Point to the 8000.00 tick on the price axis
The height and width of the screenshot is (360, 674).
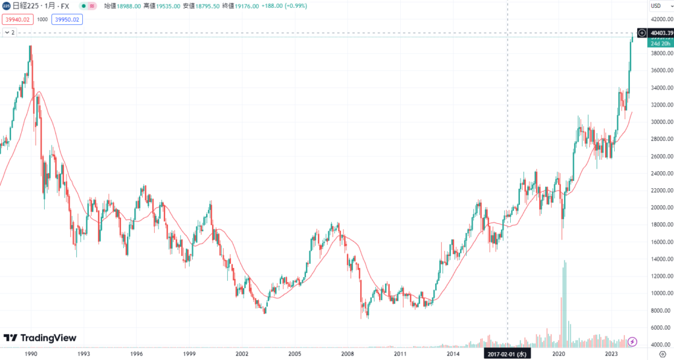point(660,310)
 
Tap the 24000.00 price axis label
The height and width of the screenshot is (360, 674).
point(659,173)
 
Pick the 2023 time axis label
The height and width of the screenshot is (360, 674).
point(611,353)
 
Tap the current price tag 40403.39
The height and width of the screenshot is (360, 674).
point(660,32)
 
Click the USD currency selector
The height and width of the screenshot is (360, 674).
point(656,6)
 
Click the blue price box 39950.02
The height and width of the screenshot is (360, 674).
point(67,19)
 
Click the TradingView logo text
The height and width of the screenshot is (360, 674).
point(48,338)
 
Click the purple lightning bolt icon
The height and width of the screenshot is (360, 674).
point(633,341)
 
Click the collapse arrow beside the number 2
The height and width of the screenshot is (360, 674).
point(5,32)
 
